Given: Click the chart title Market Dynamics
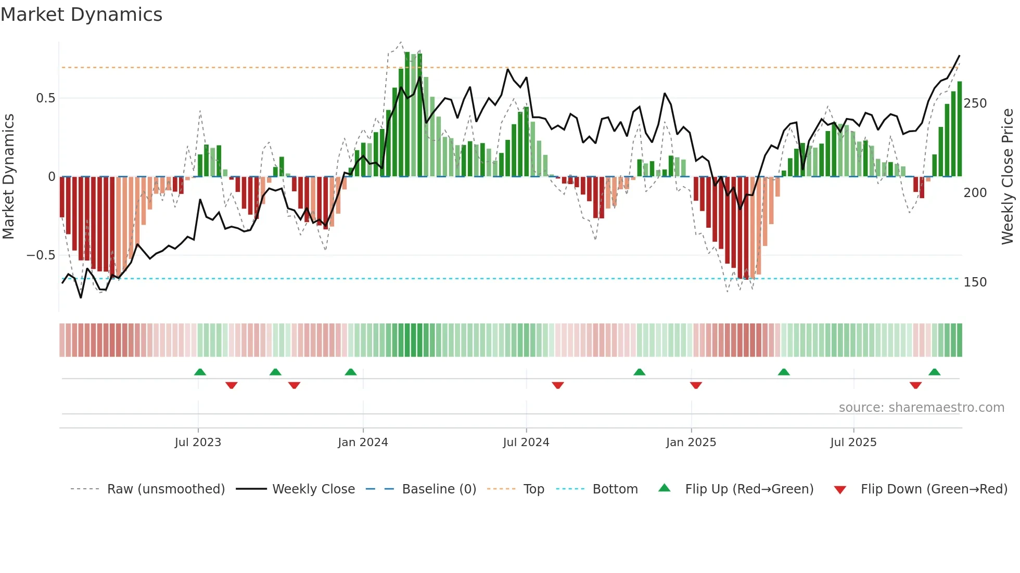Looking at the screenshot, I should point(81,15).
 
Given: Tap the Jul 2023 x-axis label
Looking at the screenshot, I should point(198,442).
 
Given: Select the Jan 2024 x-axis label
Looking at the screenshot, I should point(363,442).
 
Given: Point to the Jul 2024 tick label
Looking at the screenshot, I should point(526,442).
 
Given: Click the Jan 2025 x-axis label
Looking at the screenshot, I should point(691,442).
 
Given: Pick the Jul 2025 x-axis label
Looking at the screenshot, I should point(853,442).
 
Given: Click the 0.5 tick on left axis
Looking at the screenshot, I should point(45,98).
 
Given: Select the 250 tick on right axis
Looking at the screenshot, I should point(975,103).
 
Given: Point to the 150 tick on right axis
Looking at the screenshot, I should point(975,282).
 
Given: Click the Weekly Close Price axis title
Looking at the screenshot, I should point(1008,177).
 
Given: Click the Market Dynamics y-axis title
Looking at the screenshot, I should point(8,177).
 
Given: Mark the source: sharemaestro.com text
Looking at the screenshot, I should point(921,408).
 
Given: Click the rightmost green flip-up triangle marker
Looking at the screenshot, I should point(934,372).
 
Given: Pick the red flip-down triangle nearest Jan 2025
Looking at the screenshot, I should point(696,385).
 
